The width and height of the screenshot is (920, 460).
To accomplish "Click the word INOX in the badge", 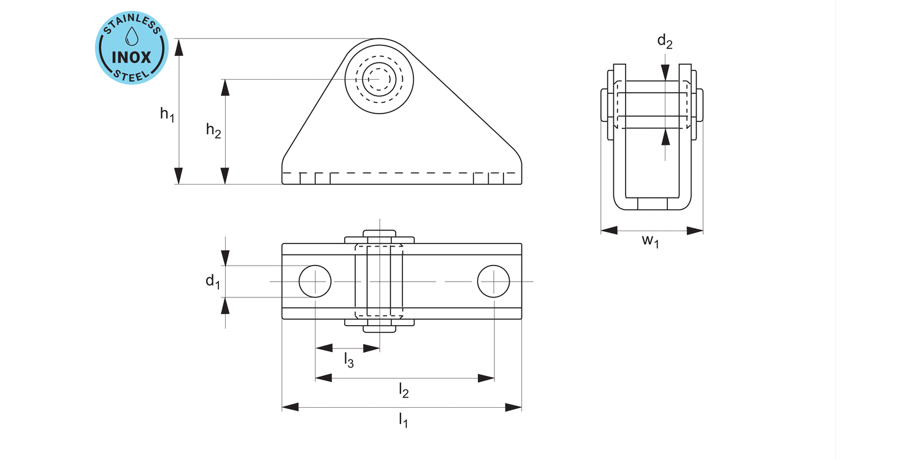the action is point(131,57).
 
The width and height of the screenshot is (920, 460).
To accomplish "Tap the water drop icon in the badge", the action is point(132,36).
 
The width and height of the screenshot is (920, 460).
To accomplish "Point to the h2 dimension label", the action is point(213,131).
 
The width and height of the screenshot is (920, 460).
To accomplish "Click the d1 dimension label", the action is point(213,282).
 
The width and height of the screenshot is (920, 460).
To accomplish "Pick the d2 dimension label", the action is point(665,41).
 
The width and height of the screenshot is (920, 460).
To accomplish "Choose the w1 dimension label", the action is point(651,240).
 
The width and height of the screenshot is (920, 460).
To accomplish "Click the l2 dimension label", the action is point(404,390).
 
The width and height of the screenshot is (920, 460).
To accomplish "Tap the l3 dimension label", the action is point(349,360).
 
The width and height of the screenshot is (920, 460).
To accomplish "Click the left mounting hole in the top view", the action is point(315,282).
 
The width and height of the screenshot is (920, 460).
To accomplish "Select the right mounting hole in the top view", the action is point(494,282).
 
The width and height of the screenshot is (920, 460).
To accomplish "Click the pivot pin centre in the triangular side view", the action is point(379,79).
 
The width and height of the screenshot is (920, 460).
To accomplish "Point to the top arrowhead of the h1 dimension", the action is point(178,47).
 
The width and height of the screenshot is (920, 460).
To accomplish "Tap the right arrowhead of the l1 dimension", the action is point(513,407).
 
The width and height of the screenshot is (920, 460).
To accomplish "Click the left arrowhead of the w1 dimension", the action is point(609,231).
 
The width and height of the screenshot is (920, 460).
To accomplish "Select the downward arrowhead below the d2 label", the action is point(665,72).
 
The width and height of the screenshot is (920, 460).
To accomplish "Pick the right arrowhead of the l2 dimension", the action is point(486,378).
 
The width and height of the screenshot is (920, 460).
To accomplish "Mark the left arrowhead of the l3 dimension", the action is point(324,348).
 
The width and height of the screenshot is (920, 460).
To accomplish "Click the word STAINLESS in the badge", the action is point(131,24).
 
